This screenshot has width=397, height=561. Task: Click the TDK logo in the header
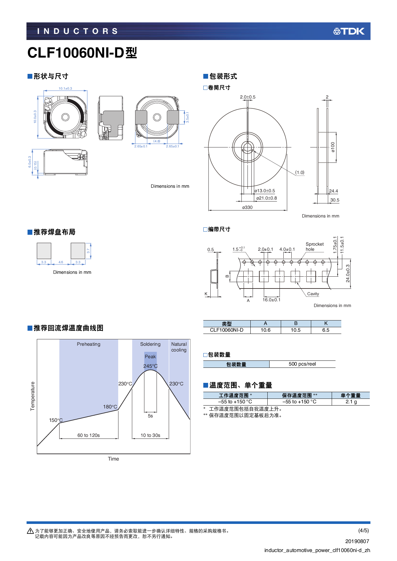(349, 31)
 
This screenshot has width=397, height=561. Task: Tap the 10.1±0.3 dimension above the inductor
(65, 89)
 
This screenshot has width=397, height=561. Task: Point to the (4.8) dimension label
(157, 141)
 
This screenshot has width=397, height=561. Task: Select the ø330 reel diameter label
(247, 207)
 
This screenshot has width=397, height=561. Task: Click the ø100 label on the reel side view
(333, 147)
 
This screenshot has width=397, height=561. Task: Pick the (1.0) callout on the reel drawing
(300, 172)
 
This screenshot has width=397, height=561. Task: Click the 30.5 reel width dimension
(335, 200)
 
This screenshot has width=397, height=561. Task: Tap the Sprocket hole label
(314, 247)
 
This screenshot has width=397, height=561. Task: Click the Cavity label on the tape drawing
(313, 294)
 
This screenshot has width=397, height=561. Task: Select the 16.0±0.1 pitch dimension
(271, 300)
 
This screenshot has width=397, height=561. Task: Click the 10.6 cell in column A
(265, 330)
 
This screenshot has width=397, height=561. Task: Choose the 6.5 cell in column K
(326, 330)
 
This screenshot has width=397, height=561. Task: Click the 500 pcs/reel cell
(302, 364)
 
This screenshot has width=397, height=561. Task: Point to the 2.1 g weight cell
(351, 402)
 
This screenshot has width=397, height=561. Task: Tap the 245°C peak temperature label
(150, 366)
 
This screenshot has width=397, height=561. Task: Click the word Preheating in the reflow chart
(89, 344)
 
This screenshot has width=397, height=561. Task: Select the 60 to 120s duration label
(89, 435)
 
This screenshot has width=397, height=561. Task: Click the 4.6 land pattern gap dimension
(61, 262)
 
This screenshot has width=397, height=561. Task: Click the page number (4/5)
(363, 530)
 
